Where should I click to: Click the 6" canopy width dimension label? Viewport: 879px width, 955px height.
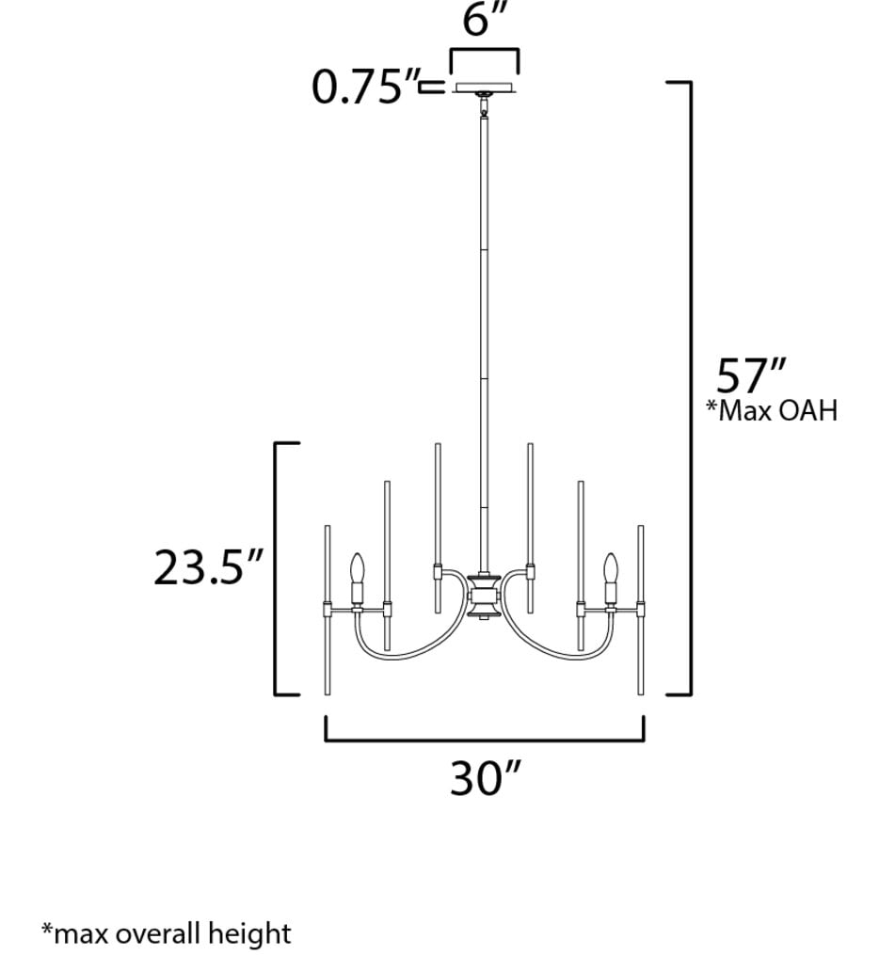485,21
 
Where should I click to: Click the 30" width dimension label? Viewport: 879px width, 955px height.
485,778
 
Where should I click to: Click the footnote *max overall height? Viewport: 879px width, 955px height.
167,933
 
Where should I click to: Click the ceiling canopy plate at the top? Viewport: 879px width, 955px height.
485,88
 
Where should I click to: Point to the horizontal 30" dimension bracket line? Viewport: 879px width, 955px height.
485,740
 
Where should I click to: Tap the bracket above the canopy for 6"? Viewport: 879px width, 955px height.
485,52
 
